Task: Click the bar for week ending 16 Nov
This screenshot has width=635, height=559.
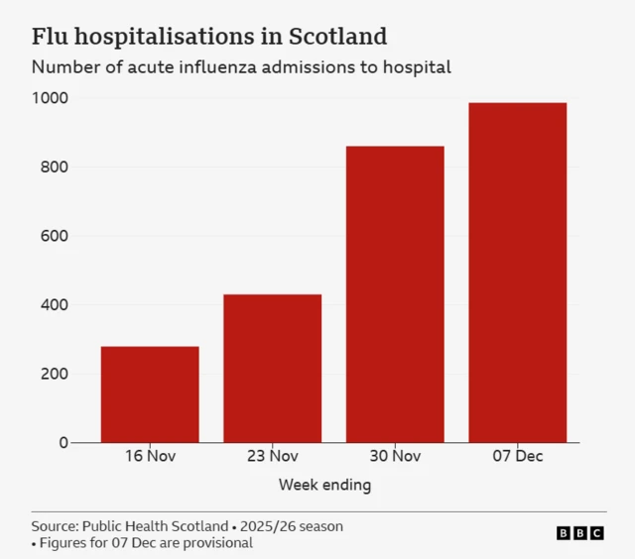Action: [150, 394]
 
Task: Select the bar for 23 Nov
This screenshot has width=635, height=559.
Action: [272, 369]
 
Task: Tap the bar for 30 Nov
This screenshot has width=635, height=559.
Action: [395, 294]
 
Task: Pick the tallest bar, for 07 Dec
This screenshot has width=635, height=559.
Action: [517, 273]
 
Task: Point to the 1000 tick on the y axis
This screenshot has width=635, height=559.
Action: [49, 98]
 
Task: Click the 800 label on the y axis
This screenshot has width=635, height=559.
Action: [54, 168]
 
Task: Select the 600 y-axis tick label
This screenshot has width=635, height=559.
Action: [54, 236]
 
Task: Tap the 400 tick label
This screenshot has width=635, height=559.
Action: [54, 305]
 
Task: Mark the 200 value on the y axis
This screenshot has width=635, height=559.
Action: [54, 374]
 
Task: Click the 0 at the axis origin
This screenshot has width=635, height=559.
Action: [63, 443]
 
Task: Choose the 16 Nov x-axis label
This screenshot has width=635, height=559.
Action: [150, 457]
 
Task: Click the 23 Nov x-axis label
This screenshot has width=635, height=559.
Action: [272, 457]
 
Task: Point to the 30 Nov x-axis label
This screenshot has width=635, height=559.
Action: [395, 457]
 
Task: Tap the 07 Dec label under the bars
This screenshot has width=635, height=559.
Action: [517, 457]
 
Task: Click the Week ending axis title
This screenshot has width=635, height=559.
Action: [324, 485]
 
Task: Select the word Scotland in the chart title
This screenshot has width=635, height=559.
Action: [337, 37]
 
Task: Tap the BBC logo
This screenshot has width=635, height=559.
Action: [579, 533]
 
